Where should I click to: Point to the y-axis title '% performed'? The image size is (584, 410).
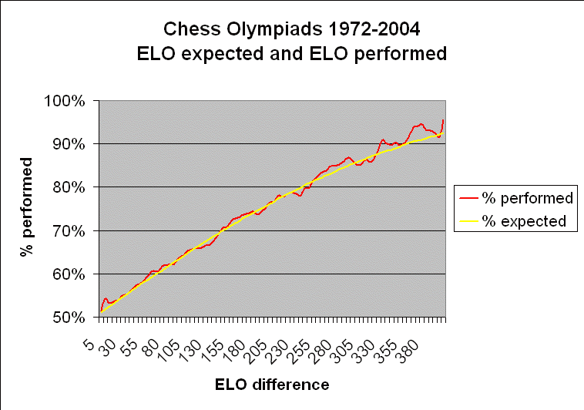pyautogui.click(x=28, y=209)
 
